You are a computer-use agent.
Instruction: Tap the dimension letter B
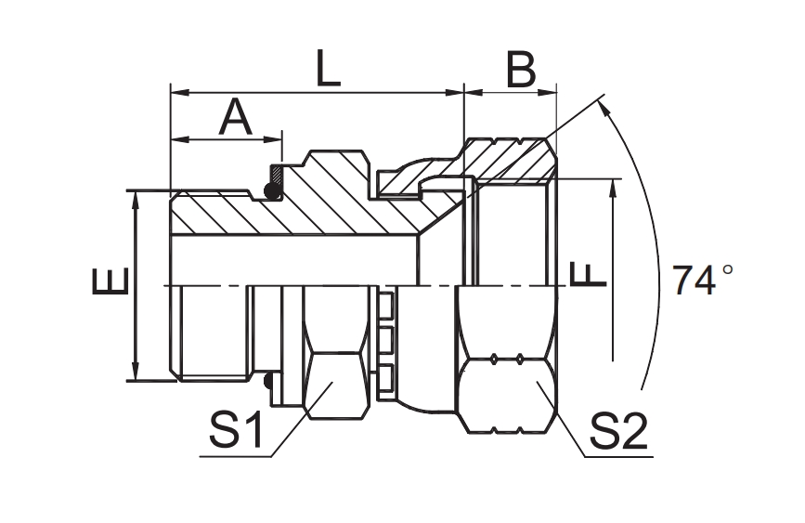(x=521, y=70)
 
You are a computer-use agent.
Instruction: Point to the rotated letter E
(x=109, y=281)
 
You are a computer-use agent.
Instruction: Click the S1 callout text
(x=236, y=432)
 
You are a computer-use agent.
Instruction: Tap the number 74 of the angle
(x=695, y=280)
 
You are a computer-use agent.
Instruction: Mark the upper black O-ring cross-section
(x=272, y=191)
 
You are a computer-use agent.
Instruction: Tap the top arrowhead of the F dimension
(x=613, y=187)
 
